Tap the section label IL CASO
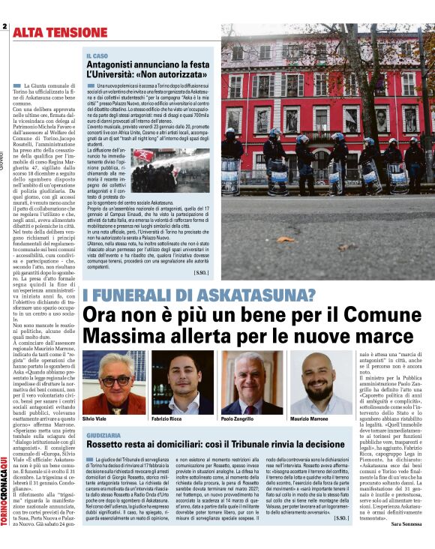point(97,56)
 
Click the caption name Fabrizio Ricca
point(167,418)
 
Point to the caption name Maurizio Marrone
point(308,418)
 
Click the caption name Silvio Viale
point(95,418)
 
